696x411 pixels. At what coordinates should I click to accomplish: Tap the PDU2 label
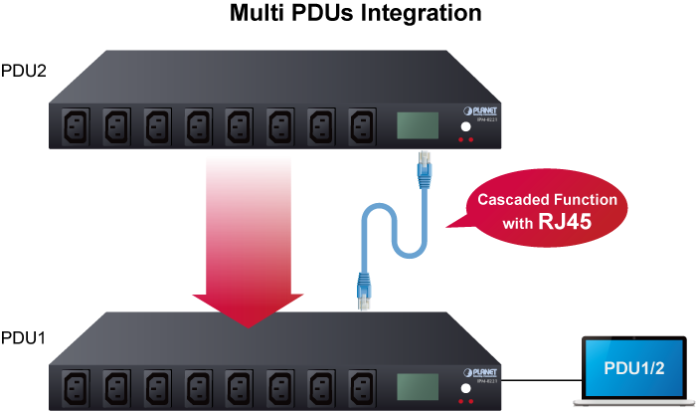[x=25, y=71]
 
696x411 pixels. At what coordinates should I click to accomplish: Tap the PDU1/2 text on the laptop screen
[x=634, y=368]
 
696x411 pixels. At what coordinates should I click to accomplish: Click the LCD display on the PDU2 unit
[x=418, y=125]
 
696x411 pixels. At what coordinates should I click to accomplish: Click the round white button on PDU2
[x=464, y=127]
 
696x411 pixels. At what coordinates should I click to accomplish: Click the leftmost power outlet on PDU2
[x=75, y=127]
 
